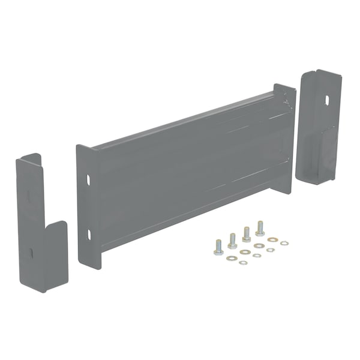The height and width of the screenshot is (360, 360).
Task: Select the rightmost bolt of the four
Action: [x=260, y=229]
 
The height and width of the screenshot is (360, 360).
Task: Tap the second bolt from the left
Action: [x=232, y=241]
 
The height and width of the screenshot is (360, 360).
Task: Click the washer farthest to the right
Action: [x=284, y=243]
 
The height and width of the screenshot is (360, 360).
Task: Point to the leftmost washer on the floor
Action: [x=231, y=258]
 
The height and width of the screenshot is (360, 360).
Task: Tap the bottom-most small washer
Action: [x=243, y=262]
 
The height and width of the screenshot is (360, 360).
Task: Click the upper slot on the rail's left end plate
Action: [x=88, y=179]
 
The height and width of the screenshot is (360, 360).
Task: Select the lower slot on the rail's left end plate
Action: [x=88, y=233]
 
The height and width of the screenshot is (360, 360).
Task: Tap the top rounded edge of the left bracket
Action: [x=28, y=158]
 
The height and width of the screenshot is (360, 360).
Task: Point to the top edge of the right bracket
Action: [x=321, y=72]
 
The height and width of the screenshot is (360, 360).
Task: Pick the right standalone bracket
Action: [x=319, y=126]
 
